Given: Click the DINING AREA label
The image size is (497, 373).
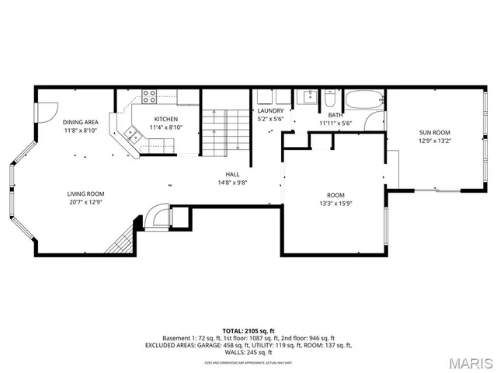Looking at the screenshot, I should coord(80,122).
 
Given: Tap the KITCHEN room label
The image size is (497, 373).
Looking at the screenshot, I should coord(165,119).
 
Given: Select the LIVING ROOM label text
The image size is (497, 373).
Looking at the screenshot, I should coord(85,193).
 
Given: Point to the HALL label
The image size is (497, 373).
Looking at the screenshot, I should coord(232,174).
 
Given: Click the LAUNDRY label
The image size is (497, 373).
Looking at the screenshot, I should coord(271,111).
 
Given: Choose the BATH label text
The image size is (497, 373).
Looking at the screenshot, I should coord(335,115).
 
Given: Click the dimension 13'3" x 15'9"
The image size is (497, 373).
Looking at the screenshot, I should coord(335,204).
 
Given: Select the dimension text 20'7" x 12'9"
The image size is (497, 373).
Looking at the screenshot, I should coord(85,202).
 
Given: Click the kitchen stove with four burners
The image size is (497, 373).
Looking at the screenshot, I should coord(148,96).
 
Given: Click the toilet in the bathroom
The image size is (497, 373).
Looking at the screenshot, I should coord(329,99).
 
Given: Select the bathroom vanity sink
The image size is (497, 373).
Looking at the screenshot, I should coord(308,97).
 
